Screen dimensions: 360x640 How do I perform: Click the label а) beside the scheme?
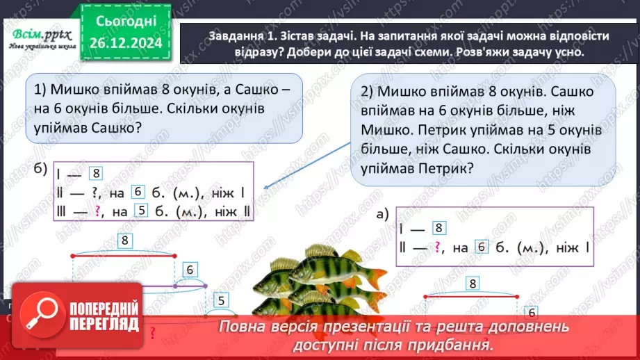click(382, 214)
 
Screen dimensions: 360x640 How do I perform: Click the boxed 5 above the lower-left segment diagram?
click(222, 300)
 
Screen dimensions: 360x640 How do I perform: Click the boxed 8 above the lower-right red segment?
click(473, 283)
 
